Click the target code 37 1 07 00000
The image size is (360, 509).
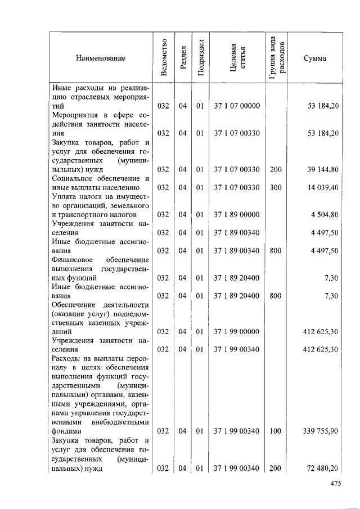click(x=237, y=106)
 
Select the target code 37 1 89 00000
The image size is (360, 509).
click(x=237, y=214)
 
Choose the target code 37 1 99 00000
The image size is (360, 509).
click(x=237, y=332)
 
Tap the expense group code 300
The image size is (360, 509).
click(x=275, y=187)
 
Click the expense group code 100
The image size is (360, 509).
click(x=275, y=431)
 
